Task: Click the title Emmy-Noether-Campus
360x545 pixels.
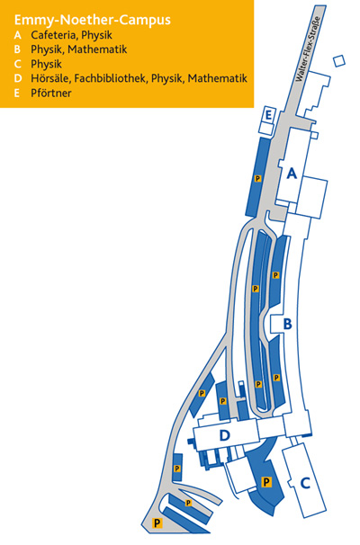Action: (92, 20)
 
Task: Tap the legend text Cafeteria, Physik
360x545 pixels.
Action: (71, 35)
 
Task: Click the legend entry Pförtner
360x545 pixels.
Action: (51, 94)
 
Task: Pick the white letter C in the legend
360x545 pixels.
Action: (18, 64)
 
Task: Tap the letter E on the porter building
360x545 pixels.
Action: (268, 115)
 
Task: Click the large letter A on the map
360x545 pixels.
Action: (292, 173)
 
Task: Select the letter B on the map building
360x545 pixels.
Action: (287, 324)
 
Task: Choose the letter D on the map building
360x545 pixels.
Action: (225, 435)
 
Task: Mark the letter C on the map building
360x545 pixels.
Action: (305, 483)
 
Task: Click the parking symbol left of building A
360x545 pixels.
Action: (257, 179)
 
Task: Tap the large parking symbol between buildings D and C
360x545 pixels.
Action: (266, 482)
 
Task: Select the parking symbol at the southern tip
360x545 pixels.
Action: (157, 523)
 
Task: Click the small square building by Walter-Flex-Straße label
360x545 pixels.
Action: (339, 61)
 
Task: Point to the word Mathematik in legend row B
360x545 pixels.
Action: (97, 49)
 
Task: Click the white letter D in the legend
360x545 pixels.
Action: (18, 78)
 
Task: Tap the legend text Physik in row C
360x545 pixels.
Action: (46, 64)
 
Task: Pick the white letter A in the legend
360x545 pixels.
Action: (18, 35)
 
